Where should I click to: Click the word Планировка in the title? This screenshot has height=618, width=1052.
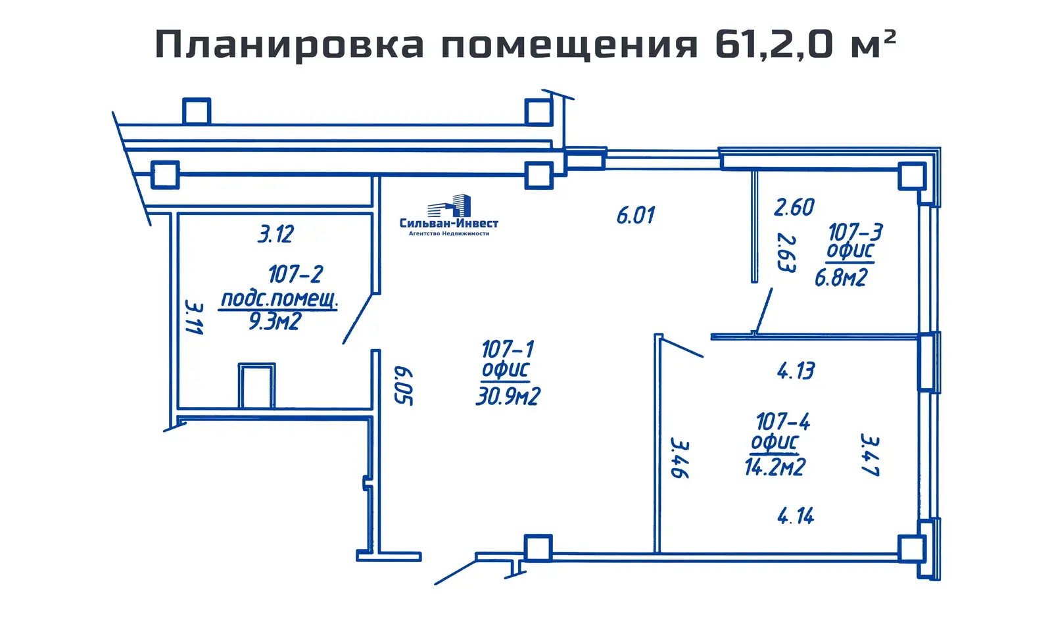[x=289, y=45]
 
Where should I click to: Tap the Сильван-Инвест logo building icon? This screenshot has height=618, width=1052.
[x=450, y=206]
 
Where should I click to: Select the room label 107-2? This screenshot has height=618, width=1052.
[x=295, y=274]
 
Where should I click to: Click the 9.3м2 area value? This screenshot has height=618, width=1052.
[x=275, y=321]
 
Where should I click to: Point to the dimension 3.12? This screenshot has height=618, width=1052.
[x=275, y=234]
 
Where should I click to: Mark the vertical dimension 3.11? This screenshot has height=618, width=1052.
[x=194, y=318]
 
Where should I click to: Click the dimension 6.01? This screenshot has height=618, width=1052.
[x=635, y=216]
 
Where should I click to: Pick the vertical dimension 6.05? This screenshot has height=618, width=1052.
[x=402, y=386]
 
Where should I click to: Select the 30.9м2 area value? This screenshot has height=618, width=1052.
[x=508, y=396]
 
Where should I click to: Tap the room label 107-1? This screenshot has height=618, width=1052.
[x=508, y=348]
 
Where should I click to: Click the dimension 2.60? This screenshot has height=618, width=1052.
[x=794, y=208]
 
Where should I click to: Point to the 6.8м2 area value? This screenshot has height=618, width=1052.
[x=841, y=278]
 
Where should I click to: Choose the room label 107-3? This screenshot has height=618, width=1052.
[x=855, y=232]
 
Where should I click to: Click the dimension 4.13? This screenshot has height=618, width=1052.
[x=796, y=371]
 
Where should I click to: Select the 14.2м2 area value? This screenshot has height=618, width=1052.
[x=775, y=467]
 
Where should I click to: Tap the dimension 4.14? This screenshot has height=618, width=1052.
[x=796, y=516]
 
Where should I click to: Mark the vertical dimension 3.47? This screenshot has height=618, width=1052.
[x=870, y=455]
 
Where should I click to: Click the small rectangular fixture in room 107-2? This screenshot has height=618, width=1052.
[x=256, y=386]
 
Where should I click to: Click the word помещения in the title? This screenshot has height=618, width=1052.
[x=569, y=45]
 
